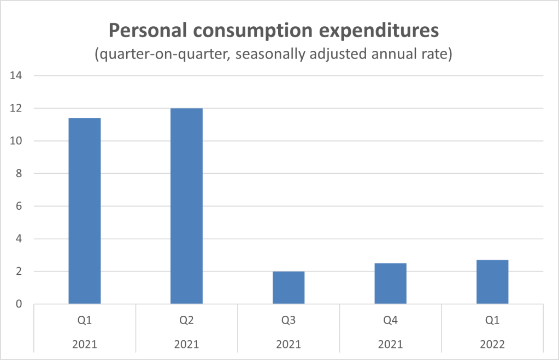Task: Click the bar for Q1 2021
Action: [x=85, y=211]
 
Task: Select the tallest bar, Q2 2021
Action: [x=186, y=206]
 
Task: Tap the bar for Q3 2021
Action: [x=289, y=287]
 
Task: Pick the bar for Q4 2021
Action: [x=390, y=284]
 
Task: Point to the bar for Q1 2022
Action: [x=492, y=282]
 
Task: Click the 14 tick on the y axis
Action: [x=16, y=76]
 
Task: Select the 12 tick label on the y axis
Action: [x=16, y=109]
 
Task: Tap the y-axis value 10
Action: [x=16, y=141]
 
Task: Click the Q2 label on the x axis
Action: [x=186, y=321]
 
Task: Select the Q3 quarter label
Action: [x=289, y=321]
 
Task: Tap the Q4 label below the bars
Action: [x=390, y=321]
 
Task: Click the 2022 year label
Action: [x=492, y=344]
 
